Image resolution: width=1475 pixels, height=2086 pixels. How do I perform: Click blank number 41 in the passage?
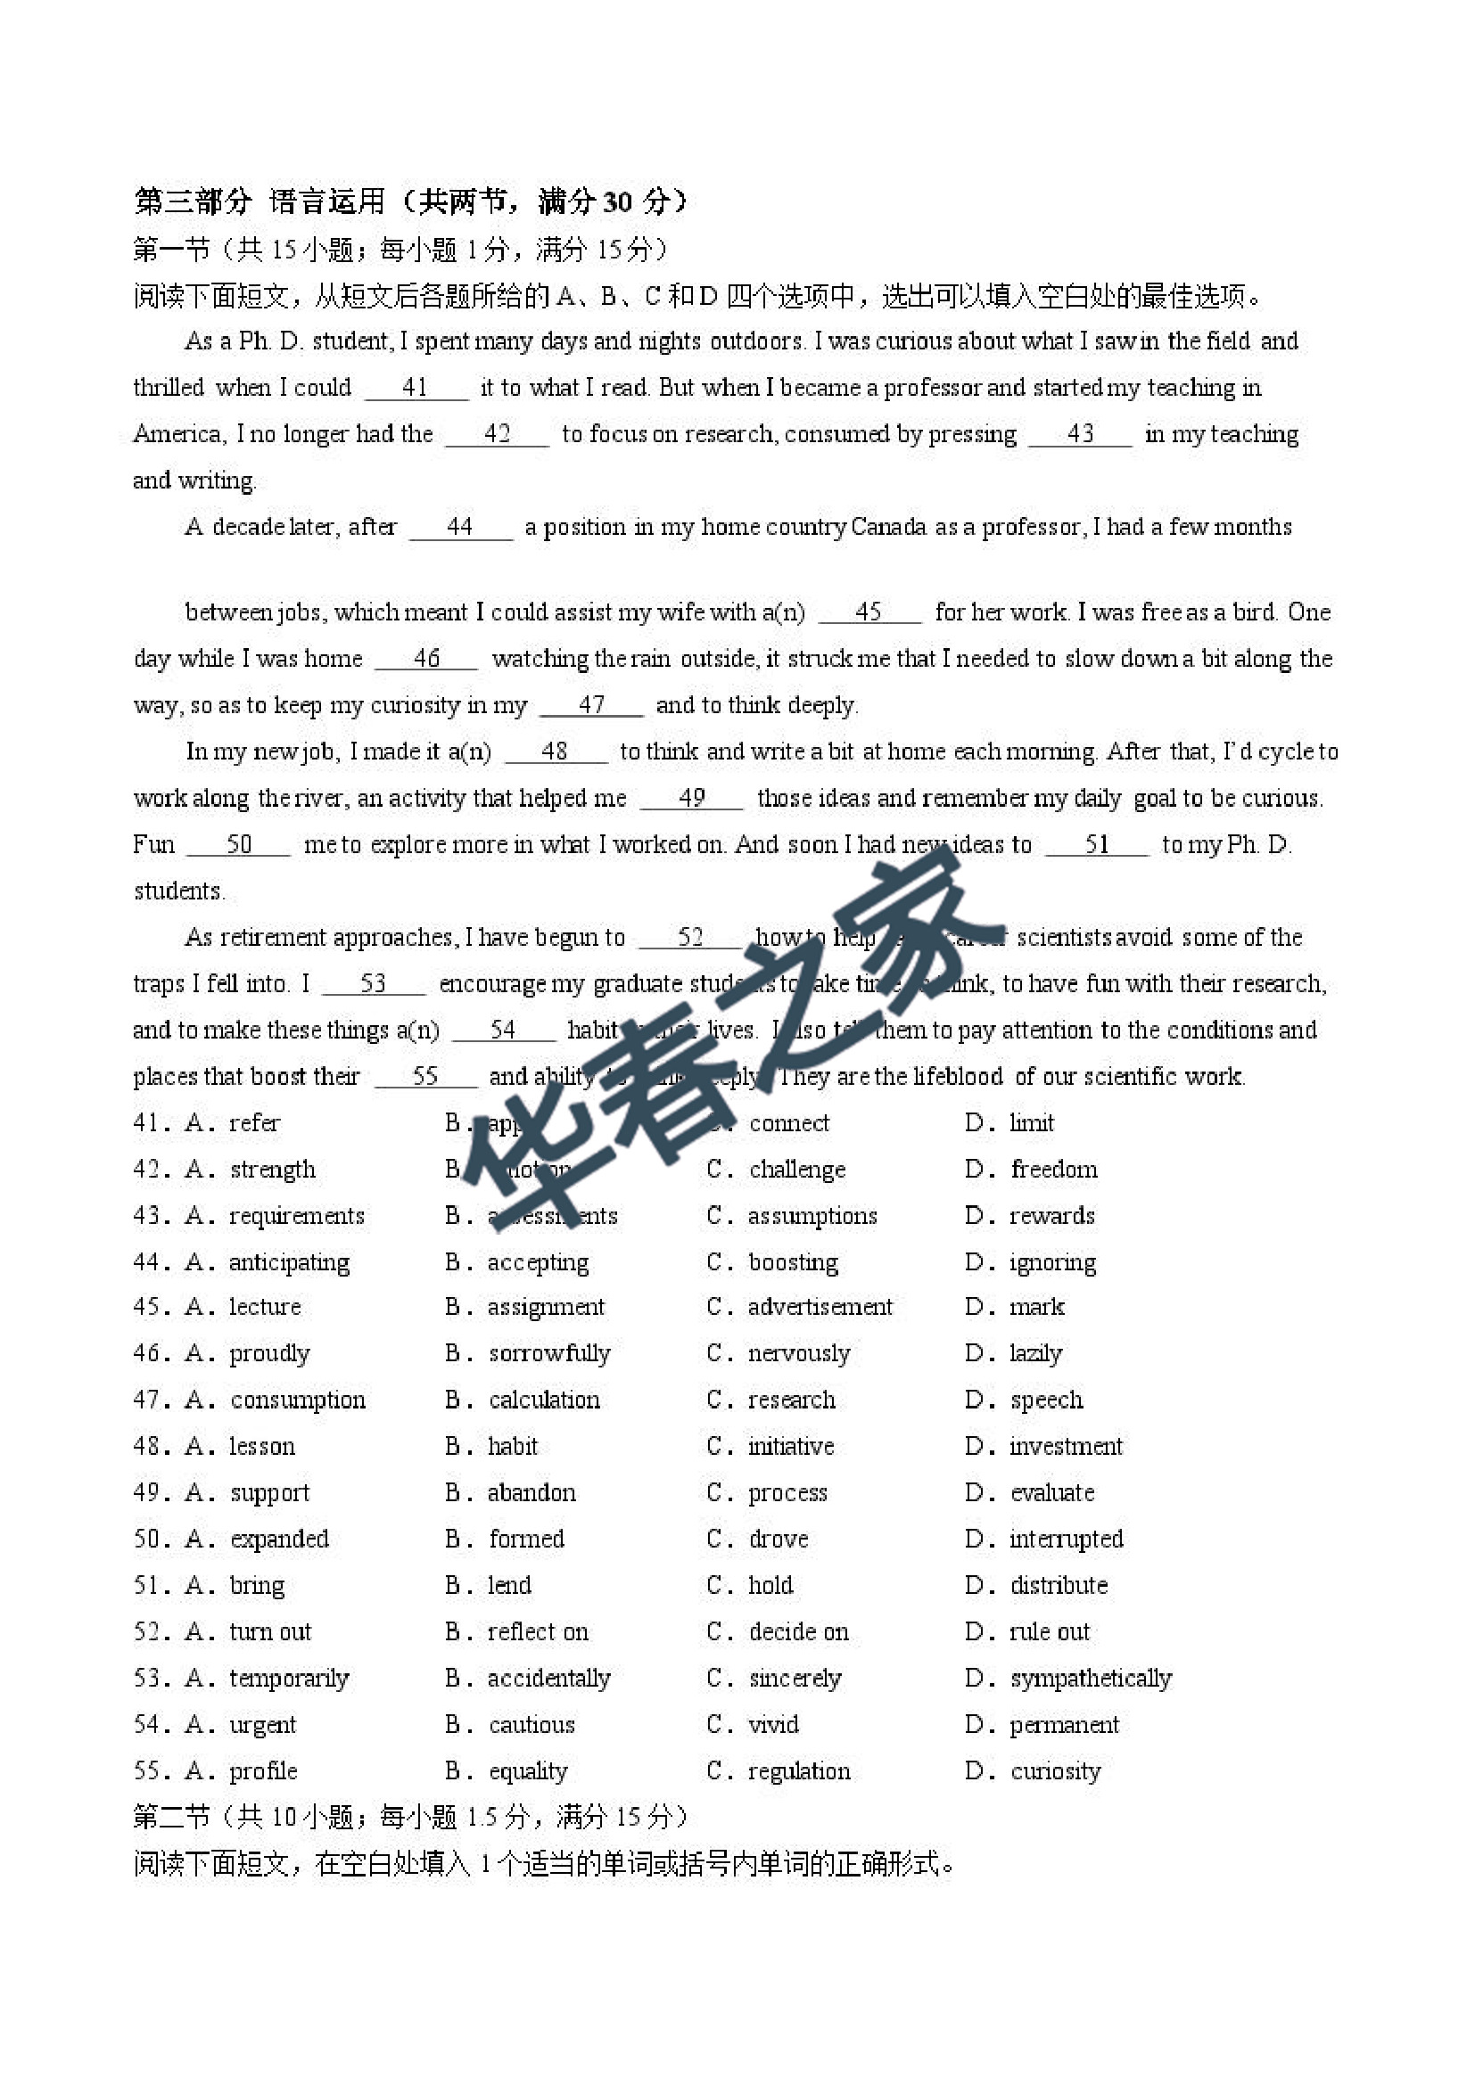pos(416,388)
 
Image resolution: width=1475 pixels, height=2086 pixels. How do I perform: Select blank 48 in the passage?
pos(555,751)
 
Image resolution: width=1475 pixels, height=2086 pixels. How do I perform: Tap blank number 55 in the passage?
pos(425,1077)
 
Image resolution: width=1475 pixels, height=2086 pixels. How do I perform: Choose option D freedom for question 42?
pos(1053,1170)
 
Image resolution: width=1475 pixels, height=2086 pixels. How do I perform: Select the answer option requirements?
pos(296,1216)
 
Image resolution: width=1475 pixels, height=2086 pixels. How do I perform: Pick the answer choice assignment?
pos(545,1308)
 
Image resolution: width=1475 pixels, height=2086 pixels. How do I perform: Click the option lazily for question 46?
pos(1035,1354)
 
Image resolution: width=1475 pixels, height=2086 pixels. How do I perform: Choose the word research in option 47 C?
pos(791,1400)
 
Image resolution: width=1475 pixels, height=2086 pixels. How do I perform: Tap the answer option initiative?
pos(791,1447)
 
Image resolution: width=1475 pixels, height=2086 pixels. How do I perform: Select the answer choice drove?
pos(778,1539)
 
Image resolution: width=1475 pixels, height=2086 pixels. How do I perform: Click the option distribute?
pos(1059,1585)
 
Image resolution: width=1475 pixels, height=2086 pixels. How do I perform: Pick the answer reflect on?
pos(537,1631)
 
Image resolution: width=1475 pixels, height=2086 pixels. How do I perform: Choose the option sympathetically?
pos(1091,1678)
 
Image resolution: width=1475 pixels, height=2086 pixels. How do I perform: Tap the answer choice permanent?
pos(1064,1724)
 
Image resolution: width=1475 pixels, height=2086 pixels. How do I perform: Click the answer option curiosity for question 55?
pos(1055,1770)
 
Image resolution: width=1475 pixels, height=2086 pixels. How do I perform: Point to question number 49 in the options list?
pos(147,1492)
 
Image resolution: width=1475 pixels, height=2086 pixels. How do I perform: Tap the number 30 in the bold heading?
pos(617,201)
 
